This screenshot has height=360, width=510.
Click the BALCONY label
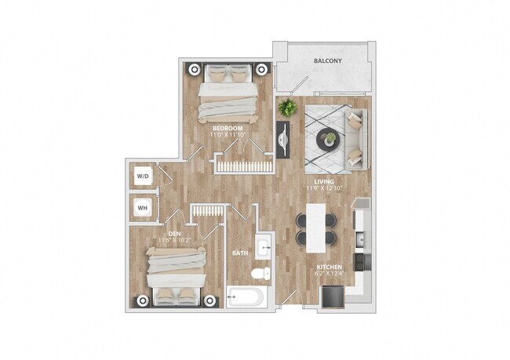327,60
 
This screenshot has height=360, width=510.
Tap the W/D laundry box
143,176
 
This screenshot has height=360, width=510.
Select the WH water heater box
143,208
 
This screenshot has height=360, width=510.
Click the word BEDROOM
228,127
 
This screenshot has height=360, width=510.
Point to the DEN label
165,232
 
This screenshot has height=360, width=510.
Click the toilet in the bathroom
260,274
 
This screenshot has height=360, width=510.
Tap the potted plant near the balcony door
288,107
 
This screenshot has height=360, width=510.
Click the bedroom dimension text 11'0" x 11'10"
228,135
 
